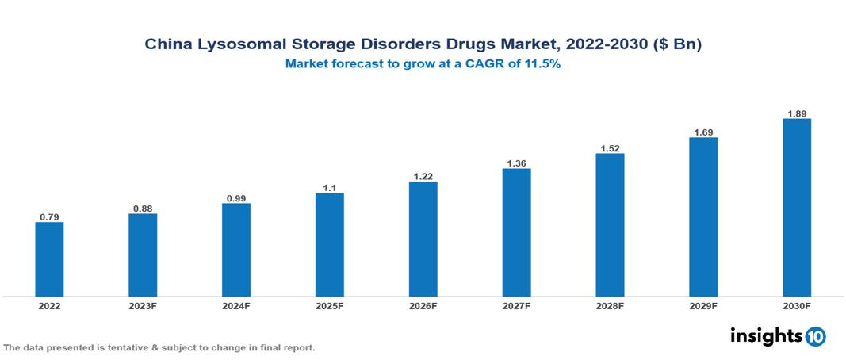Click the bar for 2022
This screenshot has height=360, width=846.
coord(49,259)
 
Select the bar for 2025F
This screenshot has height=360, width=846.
coord(329,244)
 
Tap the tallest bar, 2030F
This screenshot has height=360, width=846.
coord(796,207)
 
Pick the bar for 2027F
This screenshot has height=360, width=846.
coord(516,232)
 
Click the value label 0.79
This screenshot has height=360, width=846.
coord(49,216)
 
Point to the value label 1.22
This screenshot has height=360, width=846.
coord(423,175)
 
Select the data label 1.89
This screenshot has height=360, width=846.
coord(796,113)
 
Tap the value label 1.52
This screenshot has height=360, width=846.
coord(610,147)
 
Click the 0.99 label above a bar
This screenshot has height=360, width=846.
coord(236,197)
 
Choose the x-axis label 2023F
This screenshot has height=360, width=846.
coord(143,305)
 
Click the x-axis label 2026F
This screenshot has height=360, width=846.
coord(423,305)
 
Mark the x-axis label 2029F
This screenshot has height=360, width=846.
coord(702,305)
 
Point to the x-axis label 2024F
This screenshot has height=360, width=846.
coord(236,305)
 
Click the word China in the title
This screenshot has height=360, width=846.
coord(167,45)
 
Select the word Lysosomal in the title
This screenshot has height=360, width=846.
coord(235,45)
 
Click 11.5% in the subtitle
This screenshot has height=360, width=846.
coord(543,65)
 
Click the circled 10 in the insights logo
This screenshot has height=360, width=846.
coord(815,336)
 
